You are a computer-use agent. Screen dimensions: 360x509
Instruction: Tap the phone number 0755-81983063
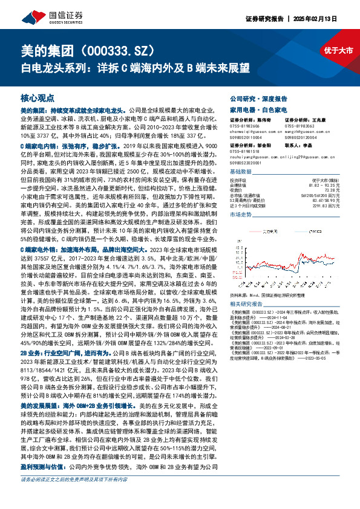click(299, 126)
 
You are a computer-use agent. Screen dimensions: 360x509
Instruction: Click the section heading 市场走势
click(241, 215)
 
